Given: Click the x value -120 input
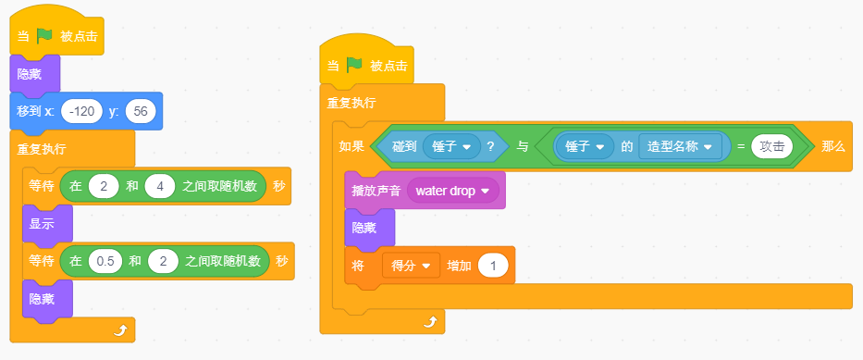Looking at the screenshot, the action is [82, 111].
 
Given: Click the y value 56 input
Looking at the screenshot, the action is [141, 111].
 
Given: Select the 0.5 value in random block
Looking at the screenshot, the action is [105, 261].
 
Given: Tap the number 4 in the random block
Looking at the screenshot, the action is [160, 186].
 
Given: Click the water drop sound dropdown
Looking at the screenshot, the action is [453, 191].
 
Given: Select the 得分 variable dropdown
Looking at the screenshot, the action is [411, 266].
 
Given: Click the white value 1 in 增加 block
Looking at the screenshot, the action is [493, 266].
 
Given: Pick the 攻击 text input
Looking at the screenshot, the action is [771, 146].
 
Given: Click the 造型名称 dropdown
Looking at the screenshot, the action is [680, 146].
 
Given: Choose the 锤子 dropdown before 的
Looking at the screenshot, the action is [585, 146].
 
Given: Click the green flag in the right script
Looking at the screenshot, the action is [354, 66].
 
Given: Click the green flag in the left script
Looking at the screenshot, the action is [44, 36].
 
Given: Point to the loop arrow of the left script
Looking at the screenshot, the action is [120, 330].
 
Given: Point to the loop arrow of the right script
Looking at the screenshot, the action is [430, 321].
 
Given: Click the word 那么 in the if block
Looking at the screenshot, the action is [832, 146].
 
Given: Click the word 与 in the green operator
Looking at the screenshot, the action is [522, 146].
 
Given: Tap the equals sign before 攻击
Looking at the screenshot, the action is [741, 146].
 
